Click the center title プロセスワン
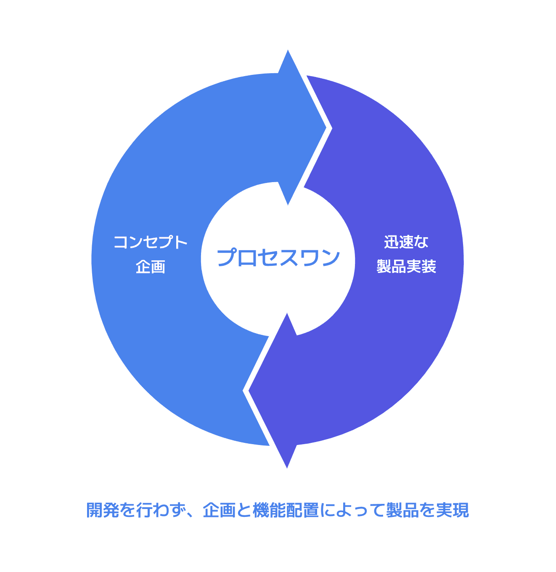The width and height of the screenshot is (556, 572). pos(278,258)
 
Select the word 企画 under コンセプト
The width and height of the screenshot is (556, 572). pos(150,267)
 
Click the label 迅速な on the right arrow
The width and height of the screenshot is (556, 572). pos(406,242)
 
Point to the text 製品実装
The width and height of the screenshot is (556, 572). pos(406,266)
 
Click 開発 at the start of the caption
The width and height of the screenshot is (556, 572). pos(103,510)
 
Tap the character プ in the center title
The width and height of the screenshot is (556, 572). pos(228,258)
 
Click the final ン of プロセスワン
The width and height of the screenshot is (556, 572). pos(330,258)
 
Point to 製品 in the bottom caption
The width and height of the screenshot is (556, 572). pos(402,510)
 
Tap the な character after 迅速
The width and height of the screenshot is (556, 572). pos(421,242)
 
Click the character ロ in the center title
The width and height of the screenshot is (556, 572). pos(248,258)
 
